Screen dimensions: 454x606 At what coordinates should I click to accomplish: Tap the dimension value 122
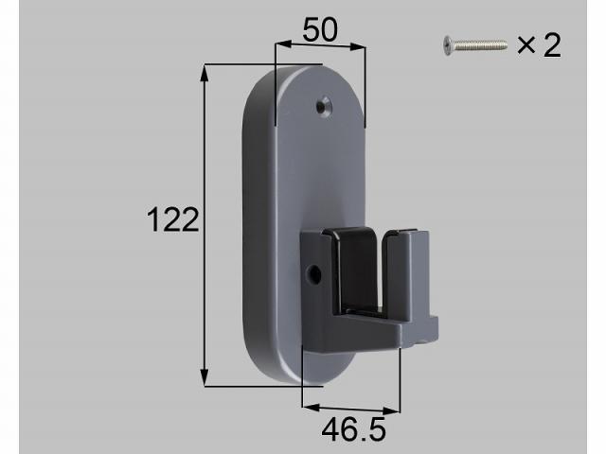tap(173, 220)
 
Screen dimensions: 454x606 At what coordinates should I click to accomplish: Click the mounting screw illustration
tap(474, 44)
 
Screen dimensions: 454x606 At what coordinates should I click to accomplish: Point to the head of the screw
tap(448, 44)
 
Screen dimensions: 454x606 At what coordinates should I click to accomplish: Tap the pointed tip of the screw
tap(506, 43)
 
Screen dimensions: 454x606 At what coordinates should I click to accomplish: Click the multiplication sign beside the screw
tap(526, 44)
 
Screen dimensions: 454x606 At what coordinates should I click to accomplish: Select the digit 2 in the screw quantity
tap(551, 44)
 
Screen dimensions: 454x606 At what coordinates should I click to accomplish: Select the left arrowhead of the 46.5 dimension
tap(308, 409)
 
